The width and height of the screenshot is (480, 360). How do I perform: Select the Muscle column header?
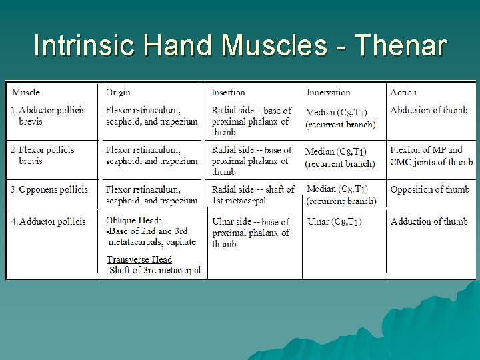click(x=26, y=92)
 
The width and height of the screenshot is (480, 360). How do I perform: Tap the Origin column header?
click(x=118, y=93)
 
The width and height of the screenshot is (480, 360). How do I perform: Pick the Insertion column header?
click(x=228, y=93)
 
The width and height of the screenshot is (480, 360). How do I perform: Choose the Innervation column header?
click(x=328, y=93)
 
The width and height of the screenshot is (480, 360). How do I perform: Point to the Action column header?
click(x=403, y=93)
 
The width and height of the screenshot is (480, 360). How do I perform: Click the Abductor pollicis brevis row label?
click(x=49, y=116)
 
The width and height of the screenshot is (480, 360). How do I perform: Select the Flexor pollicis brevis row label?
click(x=46, y=155)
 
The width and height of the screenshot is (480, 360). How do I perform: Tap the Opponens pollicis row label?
click(x=51, y=190)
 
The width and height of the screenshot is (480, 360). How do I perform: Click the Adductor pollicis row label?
click(x=50, y=221)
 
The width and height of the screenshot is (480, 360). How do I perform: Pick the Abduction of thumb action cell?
click(x=429, y=110)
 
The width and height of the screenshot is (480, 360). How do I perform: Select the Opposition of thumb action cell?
click(x=429, y=190)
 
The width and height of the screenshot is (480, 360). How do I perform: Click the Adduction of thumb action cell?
click(x=429, y=221)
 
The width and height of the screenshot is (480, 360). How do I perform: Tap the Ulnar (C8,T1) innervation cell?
click(x=335, y=221)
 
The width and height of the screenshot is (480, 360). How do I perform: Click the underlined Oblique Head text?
click(x=134, y=221)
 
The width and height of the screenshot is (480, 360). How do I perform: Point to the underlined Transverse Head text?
click(x=139, y=259)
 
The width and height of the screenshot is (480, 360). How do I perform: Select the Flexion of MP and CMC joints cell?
click(x=431, y=156)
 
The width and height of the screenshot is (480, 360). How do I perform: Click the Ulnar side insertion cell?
click(x=250, y=233)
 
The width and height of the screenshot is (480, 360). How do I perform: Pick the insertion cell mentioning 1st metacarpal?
click(x=252, y=195)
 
